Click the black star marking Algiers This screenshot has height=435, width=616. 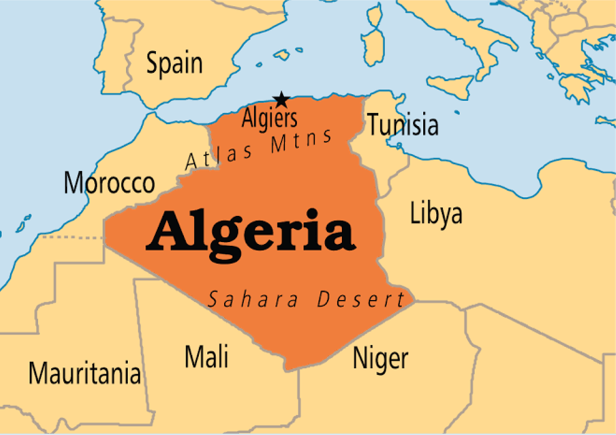click(281, 99)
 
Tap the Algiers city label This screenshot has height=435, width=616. click(269, 119)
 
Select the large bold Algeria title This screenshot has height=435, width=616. click(250, 231)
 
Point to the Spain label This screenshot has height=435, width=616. click(174, 64)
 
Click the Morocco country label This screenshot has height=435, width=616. click(109, 183)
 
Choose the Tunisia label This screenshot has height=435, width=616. click(402, 125)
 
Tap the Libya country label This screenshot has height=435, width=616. click(436, 214)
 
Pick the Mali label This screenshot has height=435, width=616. click(206, 356)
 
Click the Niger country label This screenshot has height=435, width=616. click(380, 359)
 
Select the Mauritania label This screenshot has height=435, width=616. click(84, 374)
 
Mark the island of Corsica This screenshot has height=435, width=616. click(375, 15)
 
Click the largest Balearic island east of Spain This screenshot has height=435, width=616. click(282, 55)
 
